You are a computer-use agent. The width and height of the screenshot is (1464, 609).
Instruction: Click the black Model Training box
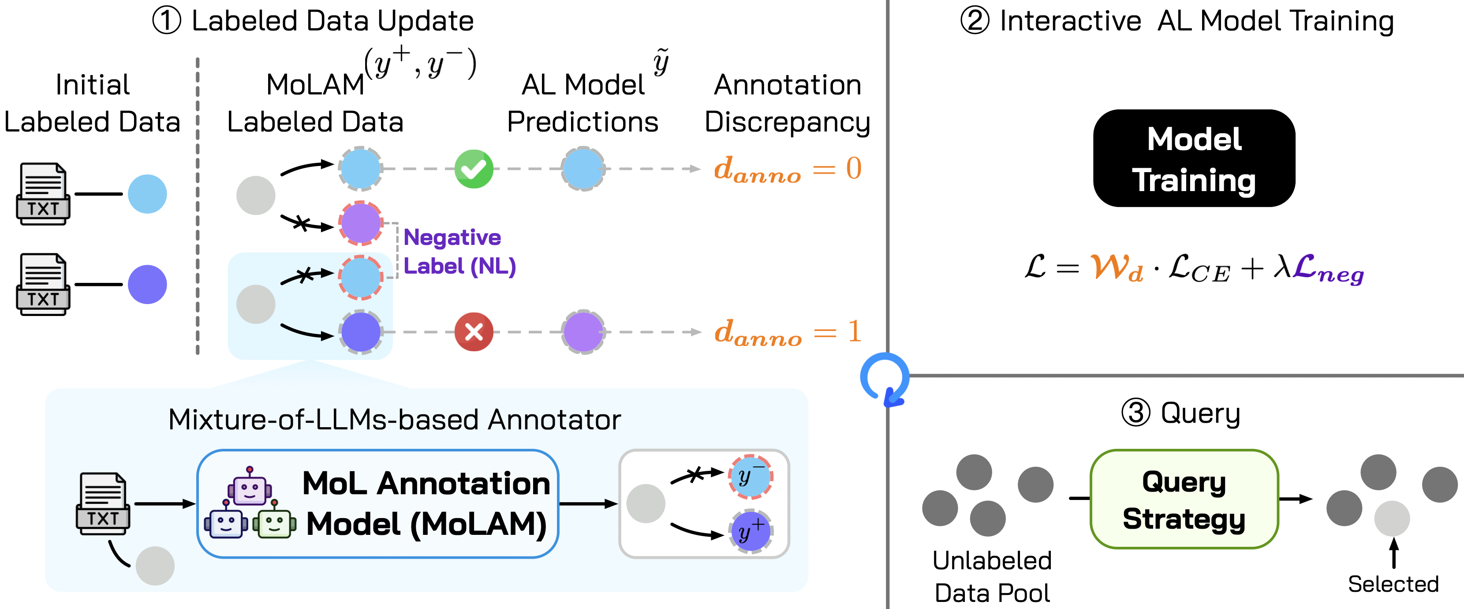tap(1194, 158)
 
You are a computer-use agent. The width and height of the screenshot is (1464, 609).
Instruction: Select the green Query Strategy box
tap(1184, 499)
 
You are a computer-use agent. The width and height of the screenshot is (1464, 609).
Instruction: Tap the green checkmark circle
tap(474, 169)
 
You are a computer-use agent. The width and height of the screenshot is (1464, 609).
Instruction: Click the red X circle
tap(474, 331)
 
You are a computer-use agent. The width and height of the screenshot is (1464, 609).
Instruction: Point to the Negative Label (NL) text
tap(459, 252)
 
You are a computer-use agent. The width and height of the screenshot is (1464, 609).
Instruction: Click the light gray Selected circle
tap(1392, 518)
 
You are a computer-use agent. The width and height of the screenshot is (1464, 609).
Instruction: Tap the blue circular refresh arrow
tap(884, 378)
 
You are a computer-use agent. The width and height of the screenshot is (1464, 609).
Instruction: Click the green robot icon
tap(274, 522)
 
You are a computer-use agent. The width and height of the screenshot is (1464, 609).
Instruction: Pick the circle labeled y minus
tap(750, 477)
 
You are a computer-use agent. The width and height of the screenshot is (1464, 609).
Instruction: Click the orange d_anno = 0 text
tap(788, 169)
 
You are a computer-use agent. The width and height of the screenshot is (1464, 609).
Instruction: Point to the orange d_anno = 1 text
tap(788, 332)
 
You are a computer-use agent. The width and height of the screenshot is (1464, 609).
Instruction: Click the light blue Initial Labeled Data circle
tap(147, 194)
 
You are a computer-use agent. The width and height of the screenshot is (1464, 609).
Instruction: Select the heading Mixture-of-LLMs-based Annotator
tap(394, 420)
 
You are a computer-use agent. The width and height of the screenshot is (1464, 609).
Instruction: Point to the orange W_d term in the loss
tap(1116, 267)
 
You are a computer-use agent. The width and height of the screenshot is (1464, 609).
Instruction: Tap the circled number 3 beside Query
tap(1135, 412)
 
